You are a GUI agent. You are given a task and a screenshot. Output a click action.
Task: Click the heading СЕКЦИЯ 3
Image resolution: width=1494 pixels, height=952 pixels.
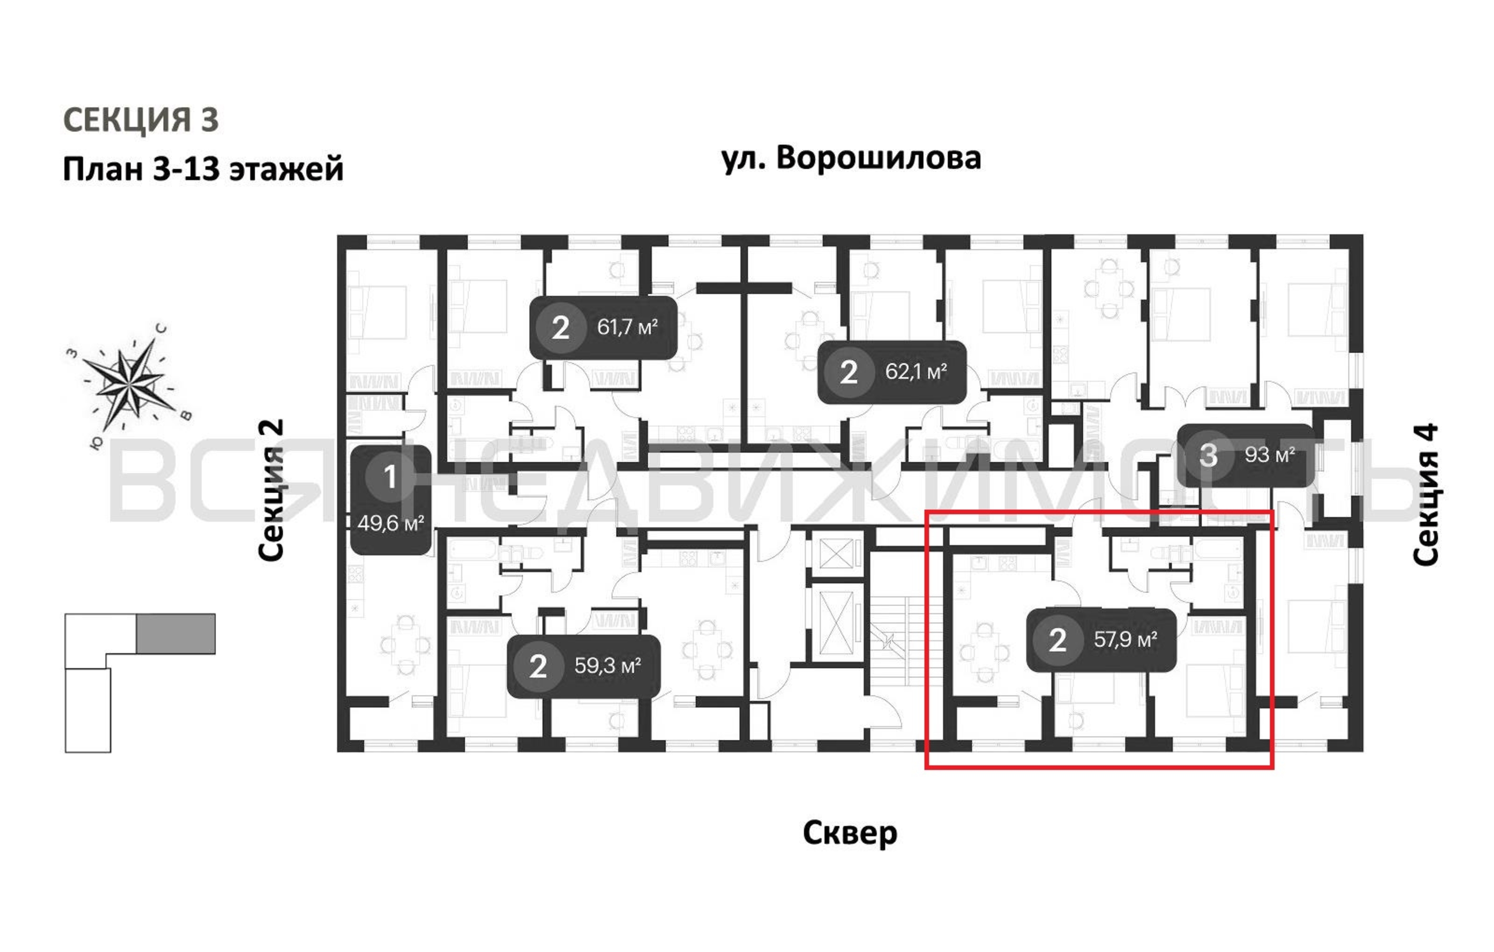pos(141,119)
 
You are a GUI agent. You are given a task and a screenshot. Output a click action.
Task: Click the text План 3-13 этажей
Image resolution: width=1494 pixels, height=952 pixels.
pos(203,169)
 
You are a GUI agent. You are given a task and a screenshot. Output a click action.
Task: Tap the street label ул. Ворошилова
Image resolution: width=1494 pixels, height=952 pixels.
pos(851,158)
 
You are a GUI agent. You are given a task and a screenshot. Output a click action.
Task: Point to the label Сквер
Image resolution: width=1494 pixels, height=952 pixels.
pos(849,833)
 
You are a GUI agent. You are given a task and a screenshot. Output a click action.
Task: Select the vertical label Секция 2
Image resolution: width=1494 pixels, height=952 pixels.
pos(271,490)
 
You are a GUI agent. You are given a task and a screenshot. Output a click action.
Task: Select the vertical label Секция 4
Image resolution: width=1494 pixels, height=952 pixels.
pos(1425,494)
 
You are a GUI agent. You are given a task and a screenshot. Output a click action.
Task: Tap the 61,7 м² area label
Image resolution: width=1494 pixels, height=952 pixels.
pos(627,327)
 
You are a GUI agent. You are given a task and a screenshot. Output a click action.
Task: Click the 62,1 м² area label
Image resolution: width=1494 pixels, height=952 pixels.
pos(916,372)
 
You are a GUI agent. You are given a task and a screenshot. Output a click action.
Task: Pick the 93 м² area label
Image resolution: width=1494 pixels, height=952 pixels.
pos(1269,455)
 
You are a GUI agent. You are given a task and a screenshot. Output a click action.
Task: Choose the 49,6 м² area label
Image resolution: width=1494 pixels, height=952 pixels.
pos(390,524)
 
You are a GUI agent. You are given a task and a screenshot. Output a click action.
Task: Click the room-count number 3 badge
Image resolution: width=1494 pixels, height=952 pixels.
pos(1208,455)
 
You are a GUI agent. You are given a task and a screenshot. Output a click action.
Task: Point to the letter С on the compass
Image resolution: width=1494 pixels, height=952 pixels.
pos(161,329)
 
